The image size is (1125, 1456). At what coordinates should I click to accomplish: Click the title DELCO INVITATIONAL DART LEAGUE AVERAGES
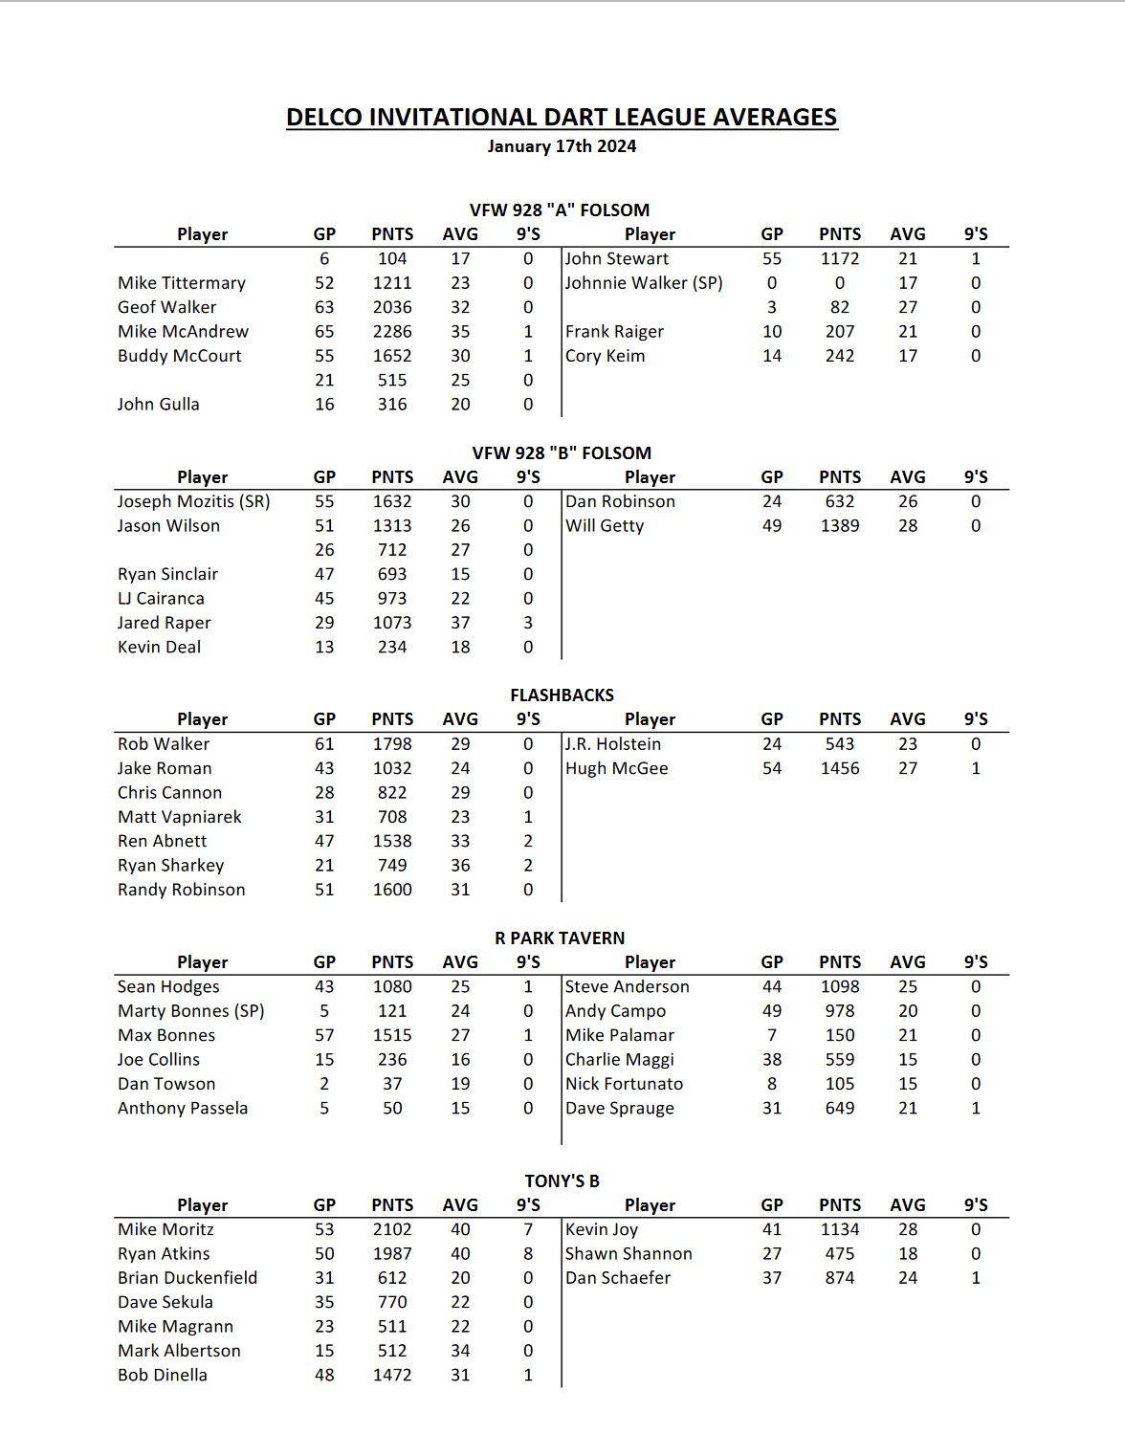[562, 117]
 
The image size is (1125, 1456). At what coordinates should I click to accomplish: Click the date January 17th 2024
[562, 146]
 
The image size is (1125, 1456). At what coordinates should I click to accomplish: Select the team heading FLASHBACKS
[562, 695]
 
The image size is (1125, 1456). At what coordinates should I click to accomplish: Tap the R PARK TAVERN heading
[560, 938]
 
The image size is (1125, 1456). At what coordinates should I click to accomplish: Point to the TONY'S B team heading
[562, 1181]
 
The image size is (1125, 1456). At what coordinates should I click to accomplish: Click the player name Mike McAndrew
[183, 332]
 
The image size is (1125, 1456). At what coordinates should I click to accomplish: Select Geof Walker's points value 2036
[392, 307]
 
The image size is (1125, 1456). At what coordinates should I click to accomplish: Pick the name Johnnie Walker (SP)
[644, 283]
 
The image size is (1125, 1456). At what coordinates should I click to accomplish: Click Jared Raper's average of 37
[460, 623]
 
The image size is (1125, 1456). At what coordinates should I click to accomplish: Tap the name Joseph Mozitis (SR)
[193, 501]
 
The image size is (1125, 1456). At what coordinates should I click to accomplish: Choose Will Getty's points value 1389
[839, 526]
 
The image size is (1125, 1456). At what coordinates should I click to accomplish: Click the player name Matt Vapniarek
[179, 817]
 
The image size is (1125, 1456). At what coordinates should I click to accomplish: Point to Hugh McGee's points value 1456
[839, 768]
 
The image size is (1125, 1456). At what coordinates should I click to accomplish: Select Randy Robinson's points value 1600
[392, 890]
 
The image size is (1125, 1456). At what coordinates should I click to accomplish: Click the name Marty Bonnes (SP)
[190, 1011]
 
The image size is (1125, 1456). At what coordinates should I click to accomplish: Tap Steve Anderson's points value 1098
[839, 987]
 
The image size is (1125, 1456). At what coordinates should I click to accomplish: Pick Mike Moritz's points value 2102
[392, 1229]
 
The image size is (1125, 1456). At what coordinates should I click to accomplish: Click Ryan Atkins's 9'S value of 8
[528, 1254]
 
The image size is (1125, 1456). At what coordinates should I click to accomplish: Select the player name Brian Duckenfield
[187, 1278]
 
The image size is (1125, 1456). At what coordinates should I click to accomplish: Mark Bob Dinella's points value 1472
[392, 1375]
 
